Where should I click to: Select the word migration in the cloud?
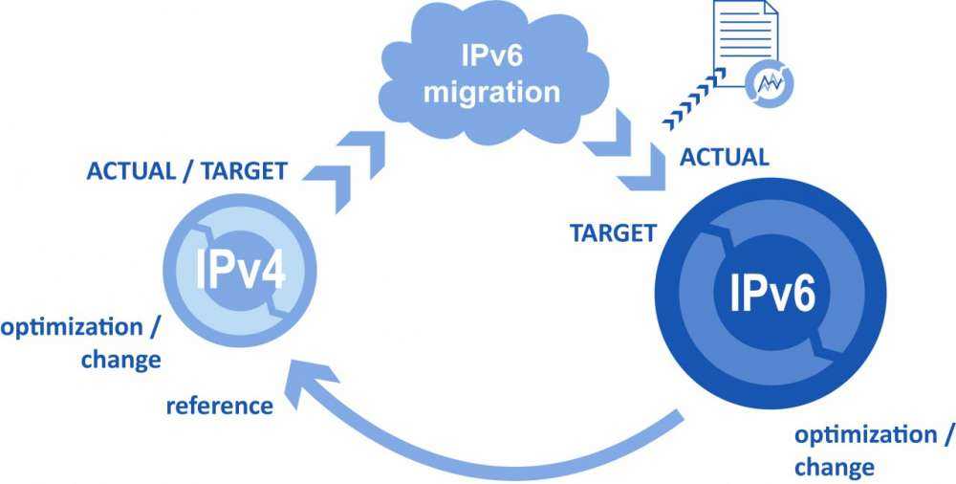(x=491, y=92)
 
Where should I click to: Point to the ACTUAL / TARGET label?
(x=186, y=172)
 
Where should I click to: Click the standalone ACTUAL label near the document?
(x=724, y=158)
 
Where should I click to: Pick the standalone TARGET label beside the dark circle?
(x=613, y=231)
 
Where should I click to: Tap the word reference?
(x=219, y=406)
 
